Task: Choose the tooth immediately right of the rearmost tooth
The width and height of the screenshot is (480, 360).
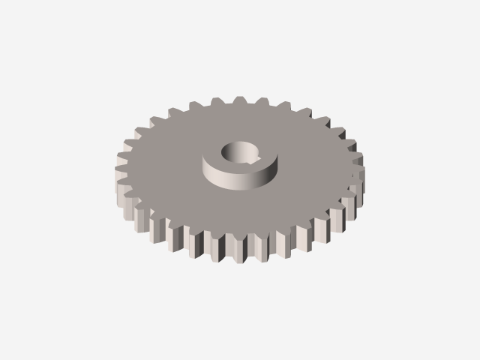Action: [x=260, y=101]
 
